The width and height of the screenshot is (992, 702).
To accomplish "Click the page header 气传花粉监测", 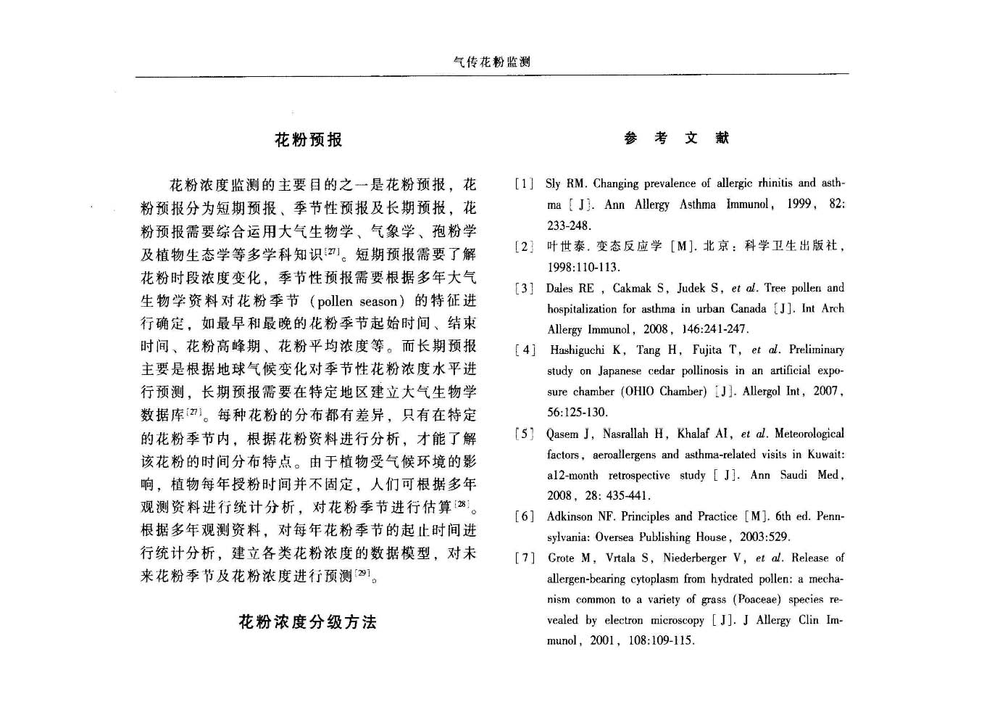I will [x=491, y=62].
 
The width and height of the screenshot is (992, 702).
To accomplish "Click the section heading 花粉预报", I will [x=308, y=140].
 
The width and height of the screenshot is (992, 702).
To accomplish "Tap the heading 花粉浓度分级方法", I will [x=308, y=622].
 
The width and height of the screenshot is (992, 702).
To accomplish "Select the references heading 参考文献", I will [x=676, y=138].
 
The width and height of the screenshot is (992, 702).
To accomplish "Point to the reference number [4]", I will [x=525, y=350].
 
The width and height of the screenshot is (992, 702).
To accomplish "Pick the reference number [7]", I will [x=525, y=558].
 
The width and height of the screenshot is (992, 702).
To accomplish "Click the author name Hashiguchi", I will [x=577, y=350].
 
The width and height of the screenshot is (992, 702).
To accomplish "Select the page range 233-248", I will [x=570, y=226].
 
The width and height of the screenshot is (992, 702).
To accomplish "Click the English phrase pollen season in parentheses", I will [x=358, y=301].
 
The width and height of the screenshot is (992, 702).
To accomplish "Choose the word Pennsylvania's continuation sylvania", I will [x=568, y=537].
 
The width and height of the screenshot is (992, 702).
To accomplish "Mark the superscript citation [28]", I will [x=462, y=503].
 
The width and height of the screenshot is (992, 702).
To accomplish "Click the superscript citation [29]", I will [x=361, y=573].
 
